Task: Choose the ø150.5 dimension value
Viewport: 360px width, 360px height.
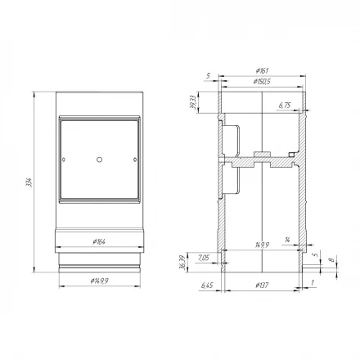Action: coord(260,83)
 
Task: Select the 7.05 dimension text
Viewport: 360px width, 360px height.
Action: coord(204,259)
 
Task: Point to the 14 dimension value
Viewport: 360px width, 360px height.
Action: coord(288,239)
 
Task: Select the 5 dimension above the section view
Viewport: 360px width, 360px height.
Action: coord(209,76)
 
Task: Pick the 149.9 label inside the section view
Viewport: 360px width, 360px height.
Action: coord(262,244)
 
